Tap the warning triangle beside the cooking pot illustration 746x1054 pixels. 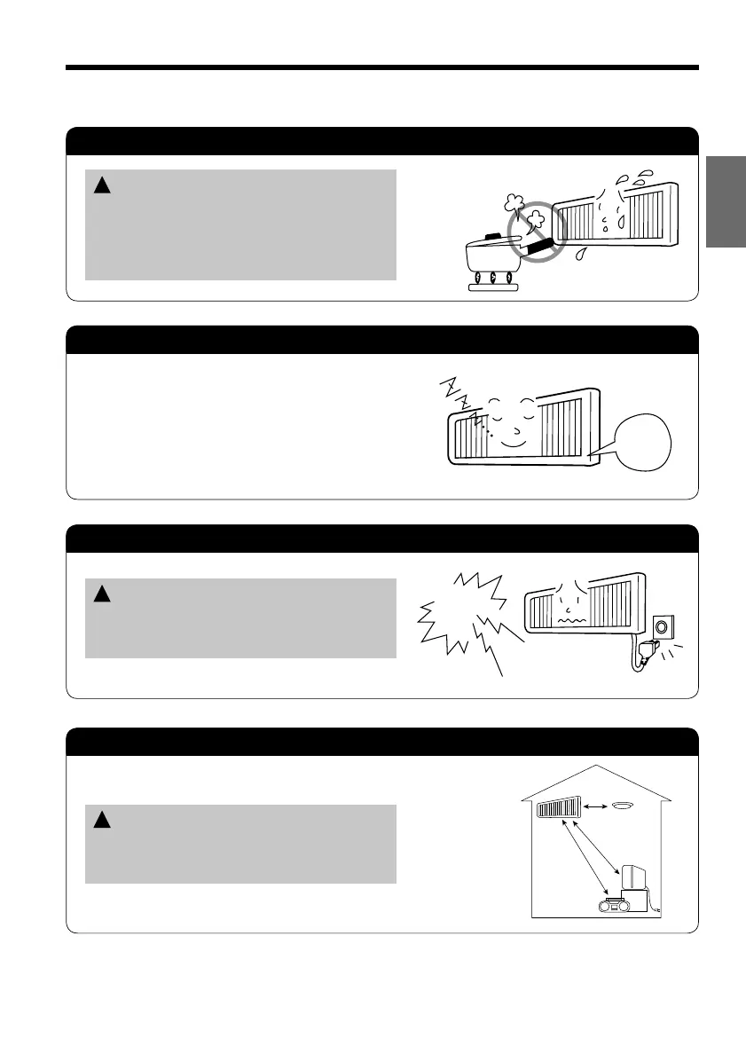(x=101, y=187)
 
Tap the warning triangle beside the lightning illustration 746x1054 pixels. (x=101, y=595)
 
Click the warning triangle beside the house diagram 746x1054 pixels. (x=101, y=821)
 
